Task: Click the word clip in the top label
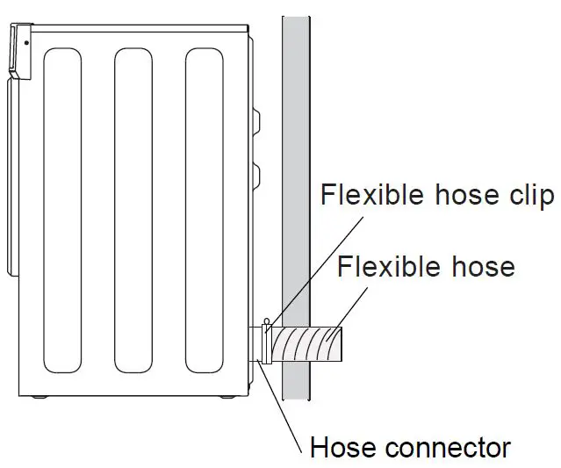[x=529, y=195]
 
